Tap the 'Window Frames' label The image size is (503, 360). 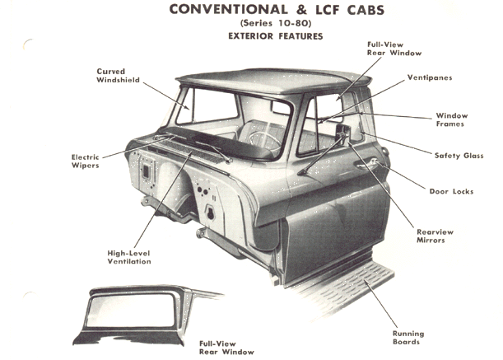click(x=451, y=119)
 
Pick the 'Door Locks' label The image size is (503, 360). click(x=452, y=191)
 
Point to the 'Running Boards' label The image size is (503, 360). click(x=408, y=337)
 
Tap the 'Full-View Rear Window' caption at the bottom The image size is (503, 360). click(x=226, y=347)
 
